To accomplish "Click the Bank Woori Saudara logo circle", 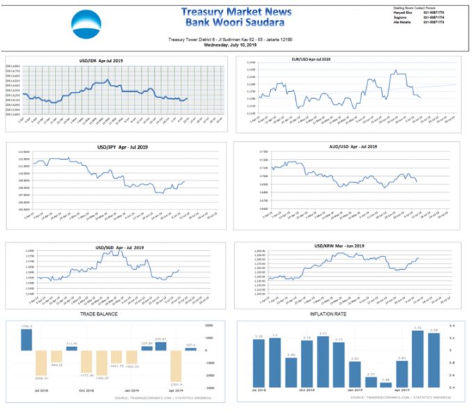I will [86, 25].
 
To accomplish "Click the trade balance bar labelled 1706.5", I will [26, 339].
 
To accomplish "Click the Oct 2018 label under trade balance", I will [87, 392].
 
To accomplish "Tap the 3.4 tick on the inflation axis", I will [452, 326].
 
